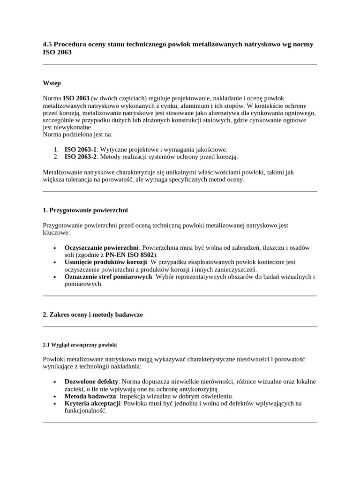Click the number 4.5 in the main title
47,45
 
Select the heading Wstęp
52,83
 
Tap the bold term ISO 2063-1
80,149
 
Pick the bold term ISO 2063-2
80,157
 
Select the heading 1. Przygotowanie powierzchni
85,210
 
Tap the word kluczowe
56,232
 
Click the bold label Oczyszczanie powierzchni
101,247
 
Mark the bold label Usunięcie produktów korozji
105,262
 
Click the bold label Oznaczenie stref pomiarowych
108,277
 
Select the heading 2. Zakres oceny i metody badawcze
92,315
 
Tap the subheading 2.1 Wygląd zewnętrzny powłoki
79,345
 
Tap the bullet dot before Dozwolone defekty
55,382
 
